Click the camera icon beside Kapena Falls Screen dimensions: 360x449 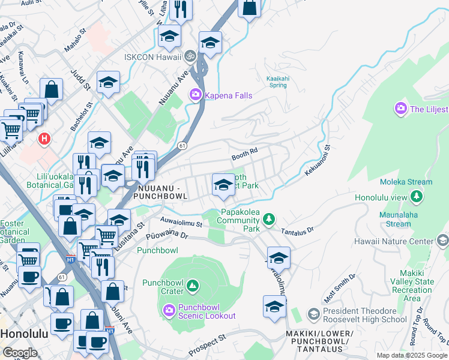[195, 95]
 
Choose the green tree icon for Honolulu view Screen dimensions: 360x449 [415, 197]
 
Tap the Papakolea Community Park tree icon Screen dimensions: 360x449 [270, 220]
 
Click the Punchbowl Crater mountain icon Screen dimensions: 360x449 [193, 287]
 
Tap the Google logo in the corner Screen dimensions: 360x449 [20, 353]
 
